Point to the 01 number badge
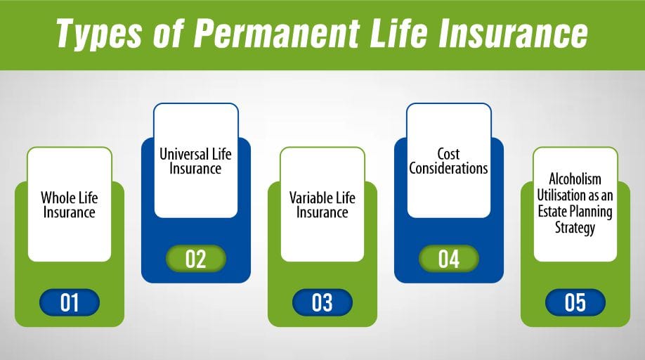coord(70,302)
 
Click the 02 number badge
coord(195,259)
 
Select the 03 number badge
coord(322,302)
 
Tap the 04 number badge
coord(448,259)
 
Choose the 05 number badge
coord(575,302)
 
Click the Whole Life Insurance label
coord(69,205)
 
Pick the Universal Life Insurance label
coord(195,160)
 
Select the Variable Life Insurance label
coord(322,205)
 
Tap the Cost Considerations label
coord(448,161)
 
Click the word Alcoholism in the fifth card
coord(575,180)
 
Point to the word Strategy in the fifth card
coord(575,228)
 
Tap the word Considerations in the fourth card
coord(448,169)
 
